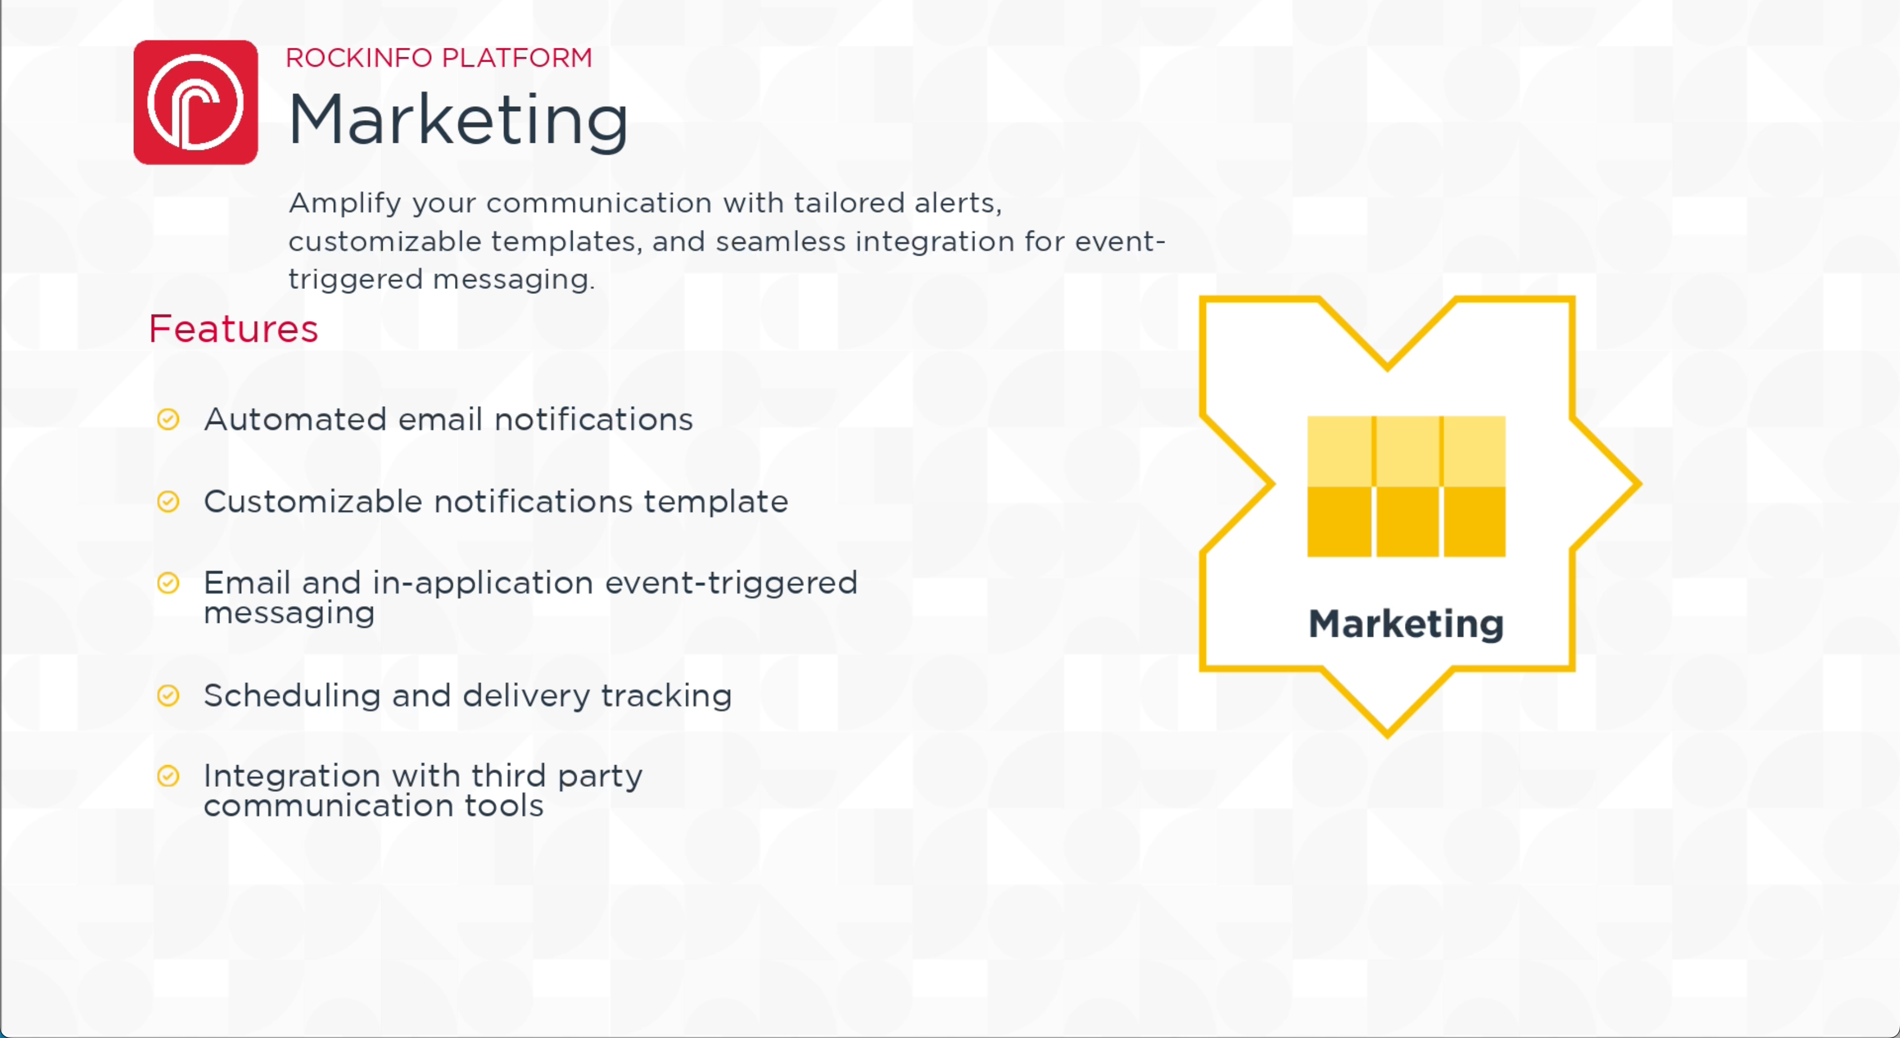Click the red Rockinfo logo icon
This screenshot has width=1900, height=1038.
point(196,102)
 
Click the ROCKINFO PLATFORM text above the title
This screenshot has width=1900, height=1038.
point(439,58)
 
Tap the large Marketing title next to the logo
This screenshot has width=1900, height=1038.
point(458,120)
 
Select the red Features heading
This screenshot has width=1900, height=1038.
point(233,328)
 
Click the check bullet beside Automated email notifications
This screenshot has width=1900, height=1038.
point(168,419)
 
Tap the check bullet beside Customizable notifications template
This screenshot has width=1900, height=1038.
point(168,502)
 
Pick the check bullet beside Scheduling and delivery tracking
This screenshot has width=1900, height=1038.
point(168,695)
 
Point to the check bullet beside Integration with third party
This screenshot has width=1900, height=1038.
point(168,776)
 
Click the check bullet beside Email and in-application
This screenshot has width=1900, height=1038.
point(168,583)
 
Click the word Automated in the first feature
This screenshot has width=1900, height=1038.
point(295,419)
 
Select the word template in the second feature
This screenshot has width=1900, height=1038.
point(716,502)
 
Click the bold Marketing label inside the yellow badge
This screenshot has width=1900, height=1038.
point(1406,624)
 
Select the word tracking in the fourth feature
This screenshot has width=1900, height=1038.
point(667,696)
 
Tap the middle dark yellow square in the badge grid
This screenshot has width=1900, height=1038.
point(1407,522)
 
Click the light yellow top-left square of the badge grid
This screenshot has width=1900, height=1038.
point(1339,451)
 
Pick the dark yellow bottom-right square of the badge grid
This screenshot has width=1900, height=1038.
point(1474,522)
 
